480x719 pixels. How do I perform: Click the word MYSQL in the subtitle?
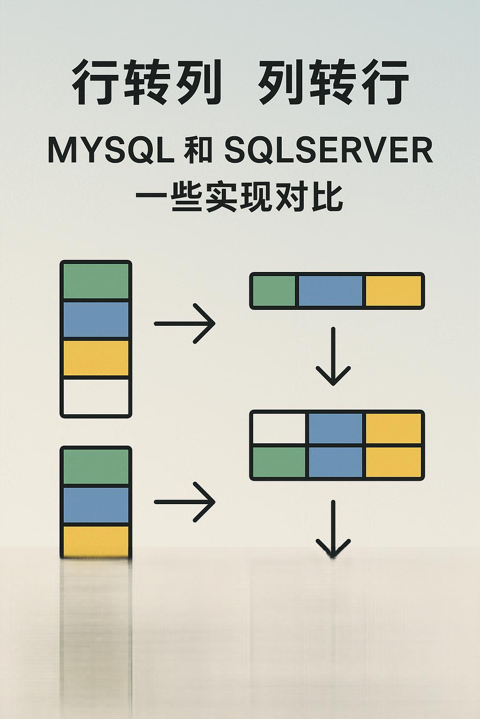click(111, 151)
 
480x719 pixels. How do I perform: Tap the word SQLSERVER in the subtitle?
click(328, 151)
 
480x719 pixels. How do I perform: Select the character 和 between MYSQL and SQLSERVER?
click(198, 151)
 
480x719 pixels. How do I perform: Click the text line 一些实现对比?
click(240, 197)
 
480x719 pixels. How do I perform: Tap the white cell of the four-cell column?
click(96, 396)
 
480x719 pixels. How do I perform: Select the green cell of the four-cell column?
click(96, 281)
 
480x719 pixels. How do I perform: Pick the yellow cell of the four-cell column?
click(96, 358)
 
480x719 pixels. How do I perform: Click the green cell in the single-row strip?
click(274, 291)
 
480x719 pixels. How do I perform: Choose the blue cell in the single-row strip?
click(330, 291)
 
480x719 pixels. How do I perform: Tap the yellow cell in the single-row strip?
click(393, 291)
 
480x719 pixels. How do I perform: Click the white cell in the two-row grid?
click(279, 428)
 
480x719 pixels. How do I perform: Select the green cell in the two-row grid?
click(279, 462)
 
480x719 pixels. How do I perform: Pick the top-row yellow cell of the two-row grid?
click(393, 428)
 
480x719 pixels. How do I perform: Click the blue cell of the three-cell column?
click(96, 505)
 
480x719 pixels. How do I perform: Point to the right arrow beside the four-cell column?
click(185, 323)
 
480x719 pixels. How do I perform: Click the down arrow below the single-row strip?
click(333, 356)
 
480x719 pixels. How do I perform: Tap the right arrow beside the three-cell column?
click(185, 502)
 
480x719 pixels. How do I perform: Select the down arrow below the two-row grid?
click(333, 529)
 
